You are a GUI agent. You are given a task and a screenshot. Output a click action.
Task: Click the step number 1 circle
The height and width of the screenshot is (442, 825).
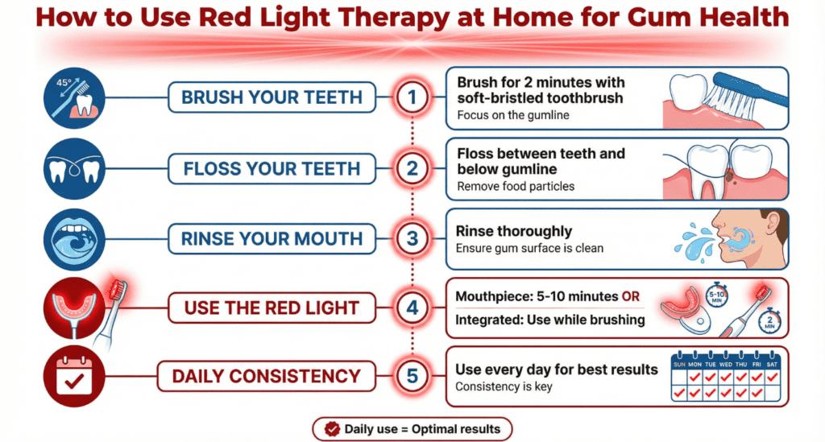pyautogui.click(x=411, y=98)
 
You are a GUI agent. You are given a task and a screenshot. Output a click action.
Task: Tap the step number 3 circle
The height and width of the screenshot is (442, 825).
pyautogui.click(x=411, y=239)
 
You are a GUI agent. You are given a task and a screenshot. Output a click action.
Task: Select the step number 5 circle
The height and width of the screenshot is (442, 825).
pyautogui.click(x=411, y=375)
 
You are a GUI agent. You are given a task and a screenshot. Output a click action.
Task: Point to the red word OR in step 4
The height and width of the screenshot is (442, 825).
pyautogui.click(x=631, y=297)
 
